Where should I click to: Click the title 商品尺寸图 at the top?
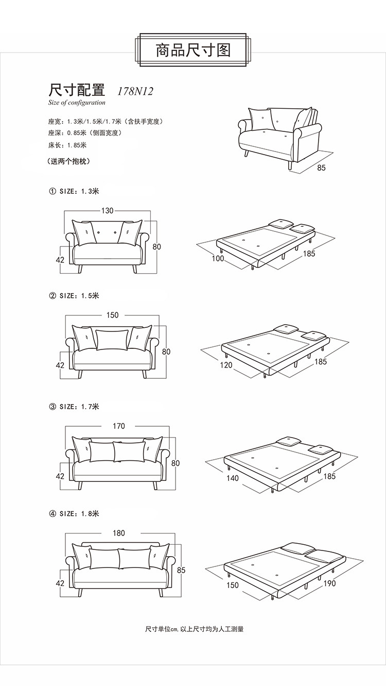pyautogui.click(x=193, y=50)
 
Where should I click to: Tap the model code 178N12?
pyautogui.click(x=135, y=91)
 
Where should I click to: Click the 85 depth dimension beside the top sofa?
pyautogui.click(x=321, y=168)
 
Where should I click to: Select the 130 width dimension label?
pyautogui.click(x=107, y=210)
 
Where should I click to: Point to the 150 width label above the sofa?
pyautogui.click(x=112, y=315)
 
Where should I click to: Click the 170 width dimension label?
pyautogui.click(x=118, y=426)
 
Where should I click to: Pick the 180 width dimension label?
pyautogui.click(x=119, y=533)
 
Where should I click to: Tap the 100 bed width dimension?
pyautogui.click(x=218, y=258)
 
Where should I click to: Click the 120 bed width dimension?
pyautogui.click(x=226, y=365)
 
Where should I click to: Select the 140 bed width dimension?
pyautogui.click(x=233, y=478)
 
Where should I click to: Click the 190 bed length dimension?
pyautogui.click(x=329, y=583)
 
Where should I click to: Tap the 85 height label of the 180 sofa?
pyautogui.click(x=181, y=570)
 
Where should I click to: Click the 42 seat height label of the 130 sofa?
pyautogui.click(x=60, y=260)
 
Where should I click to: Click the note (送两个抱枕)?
pyautogui.click(x=68, y=161)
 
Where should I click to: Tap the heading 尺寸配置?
pyautogui.click(x=77, y=90)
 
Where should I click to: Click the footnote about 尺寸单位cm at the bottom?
pyautogui.click(x=194, y=629)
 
